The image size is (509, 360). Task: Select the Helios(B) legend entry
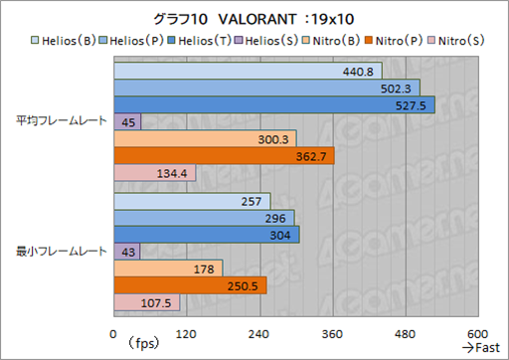point(69,41)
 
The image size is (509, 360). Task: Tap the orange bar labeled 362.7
point(225,156)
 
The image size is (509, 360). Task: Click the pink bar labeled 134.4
point(155,173)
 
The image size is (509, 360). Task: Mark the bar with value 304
point(207,235)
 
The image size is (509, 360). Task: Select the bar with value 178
point(168,269)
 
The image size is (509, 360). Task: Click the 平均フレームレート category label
point(60,122)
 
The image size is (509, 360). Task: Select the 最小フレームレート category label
point(60,252)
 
